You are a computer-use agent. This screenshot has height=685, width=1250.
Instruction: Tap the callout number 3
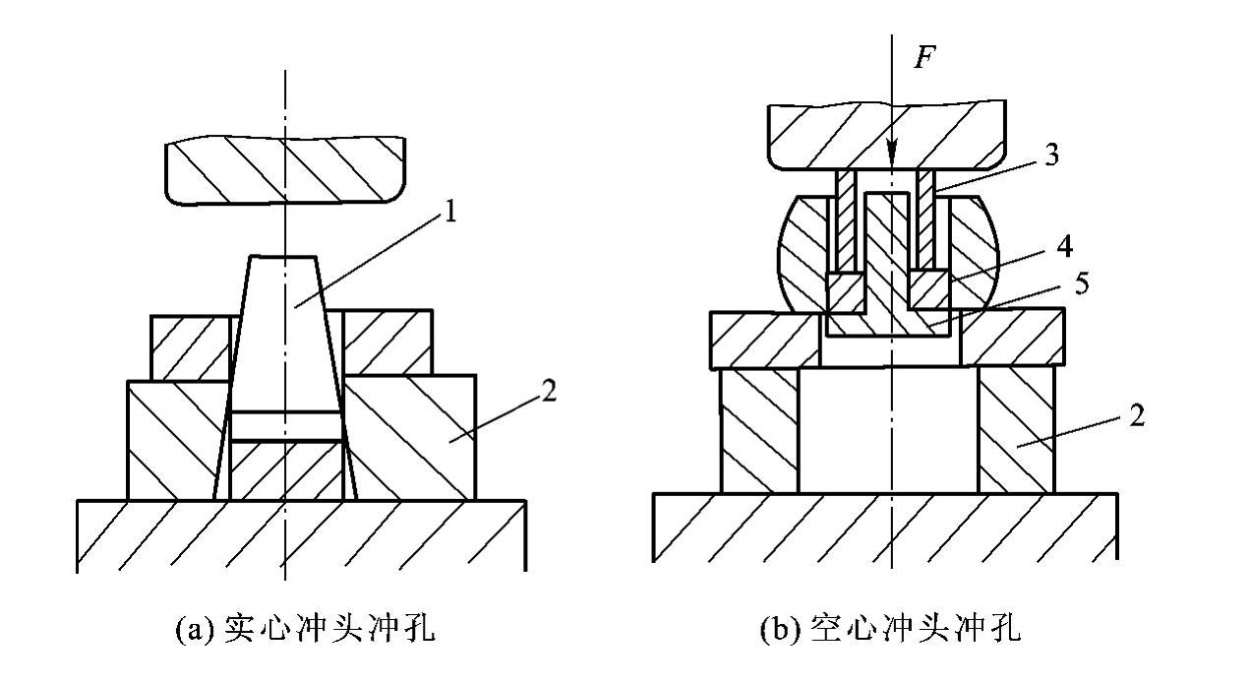[1051, 155]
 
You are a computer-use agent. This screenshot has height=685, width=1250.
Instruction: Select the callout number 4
[1064, 246]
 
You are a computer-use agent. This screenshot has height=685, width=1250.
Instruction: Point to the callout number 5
[1082, 283]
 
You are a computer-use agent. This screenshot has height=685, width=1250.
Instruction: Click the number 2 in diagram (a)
[549, 390]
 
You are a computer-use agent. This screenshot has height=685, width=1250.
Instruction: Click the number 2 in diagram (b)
[1137, 415]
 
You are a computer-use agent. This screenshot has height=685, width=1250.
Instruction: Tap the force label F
[924, 57]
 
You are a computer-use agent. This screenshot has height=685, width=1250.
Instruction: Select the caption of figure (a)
[305, 629]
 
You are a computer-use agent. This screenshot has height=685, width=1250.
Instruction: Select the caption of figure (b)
[891, 629]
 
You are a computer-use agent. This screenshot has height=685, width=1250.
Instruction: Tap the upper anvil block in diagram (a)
[285, 170]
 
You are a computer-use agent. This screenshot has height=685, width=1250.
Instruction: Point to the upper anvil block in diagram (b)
[887, 135]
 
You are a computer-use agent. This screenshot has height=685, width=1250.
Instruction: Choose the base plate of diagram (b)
[885, 527]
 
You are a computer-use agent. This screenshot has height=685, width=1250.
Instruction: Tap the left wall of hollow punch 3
[846, 219]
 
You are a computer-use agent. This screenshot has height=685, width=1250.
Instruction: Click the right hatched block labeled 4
[928, 289]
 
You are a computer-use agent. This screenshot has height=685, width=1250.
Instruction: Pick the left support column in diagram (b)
[759, 430]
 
